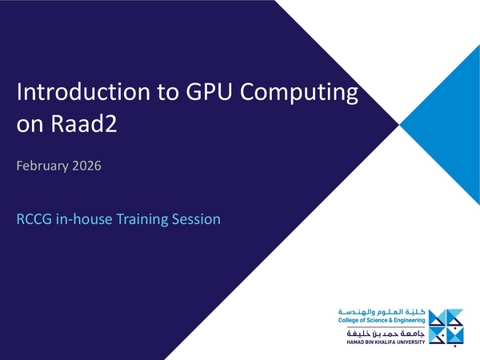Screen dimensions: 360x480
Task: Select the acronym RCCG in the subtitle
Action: click(34, 218)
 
